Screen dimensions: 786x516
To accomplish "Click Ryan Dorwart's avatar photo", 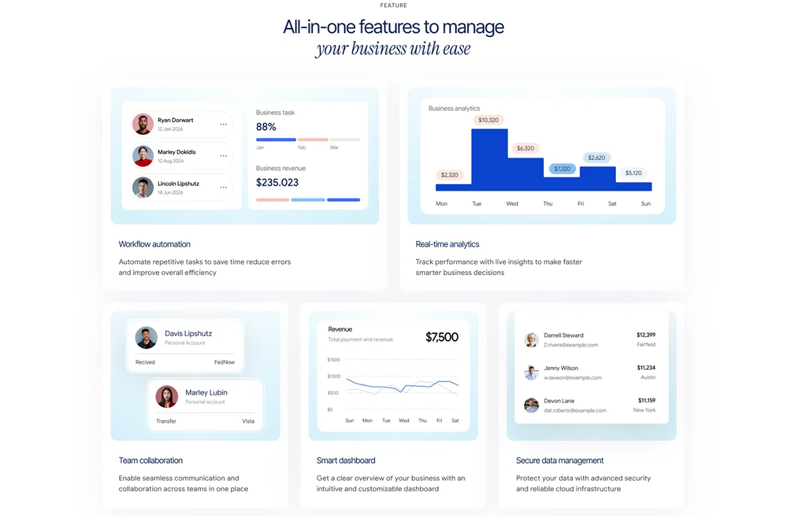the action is (x=143, y=124).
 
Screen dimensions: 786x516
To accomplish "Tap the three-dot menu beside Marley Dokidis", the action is (x=223, y=156).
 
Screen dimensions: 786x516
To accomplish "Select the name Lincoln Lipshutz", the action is (x=179, y=183).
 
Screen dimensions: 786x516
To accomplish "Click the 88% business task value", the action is (x=266, y=127).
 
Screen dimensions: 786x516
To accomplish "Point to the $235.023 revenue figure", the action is (x=277, y=183).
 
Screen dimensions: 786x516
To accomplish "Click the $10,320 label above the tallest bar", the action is (x=488, y=120).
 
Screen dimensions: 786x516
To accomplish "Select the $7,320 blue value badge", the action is (x=562, y=169).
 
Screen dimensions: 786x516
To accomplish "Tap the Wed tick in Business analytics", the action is (x=512, y=204).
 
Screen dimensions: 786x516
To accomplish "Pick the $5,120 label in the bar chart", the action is (x=634, y=173).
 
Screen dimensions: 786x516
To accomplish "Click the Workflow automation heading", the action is (x=154, y=244).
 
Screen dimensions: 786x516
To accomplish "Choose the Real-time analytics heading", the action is (x=447, y=244).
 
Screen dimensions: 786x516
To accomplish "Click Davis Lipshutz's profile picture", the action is (x=146, y=338).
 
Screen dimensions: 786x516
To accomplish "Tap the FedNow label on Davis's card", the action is (x=224, y=362).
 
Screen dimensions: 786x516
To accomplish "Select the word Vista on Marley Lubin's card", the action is (x=248, y=421).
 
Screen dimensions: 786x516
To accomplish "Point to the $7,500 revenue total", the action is (x=441, y=337).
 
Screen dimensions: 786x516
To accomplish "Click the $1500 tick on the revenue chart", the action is (x=333, y=359).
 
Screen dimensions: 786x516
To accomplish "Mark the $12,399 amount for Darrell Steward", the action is (x=646, y=335).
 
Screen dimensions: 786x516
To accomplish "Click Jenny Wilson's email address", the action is (x=572, y=378).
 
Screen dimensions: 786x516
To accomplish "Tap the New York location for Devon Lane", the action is (x=644, y=410).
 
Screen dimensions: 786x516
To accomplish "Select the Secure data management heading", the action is (x=560, y=460).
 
